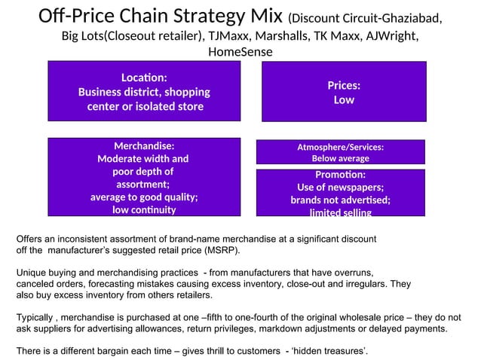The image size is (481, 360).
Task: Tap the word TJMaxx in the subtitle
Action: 228,36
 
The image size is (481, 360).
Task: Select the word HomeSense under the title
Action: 240,52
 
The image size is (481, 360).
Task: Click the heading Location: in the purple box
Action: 144,78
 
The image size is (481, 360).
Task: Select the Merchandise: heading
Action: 144,145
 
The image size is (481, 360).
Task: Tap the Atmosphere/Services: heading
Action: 340,147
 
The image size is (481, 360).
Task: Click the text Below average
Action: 340,158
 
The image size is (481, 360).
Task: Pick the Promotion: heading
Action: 340,174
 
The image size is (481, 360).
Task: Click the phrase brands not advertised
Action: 340,200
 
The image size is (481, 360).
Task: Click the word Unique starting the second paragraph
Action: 32,272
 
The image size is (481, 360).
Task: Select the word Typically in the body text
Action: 37,318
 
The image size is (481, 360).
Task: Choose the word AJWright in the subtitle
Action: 393,36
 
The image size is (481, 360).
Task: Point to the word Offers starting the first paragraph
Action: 30,238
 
